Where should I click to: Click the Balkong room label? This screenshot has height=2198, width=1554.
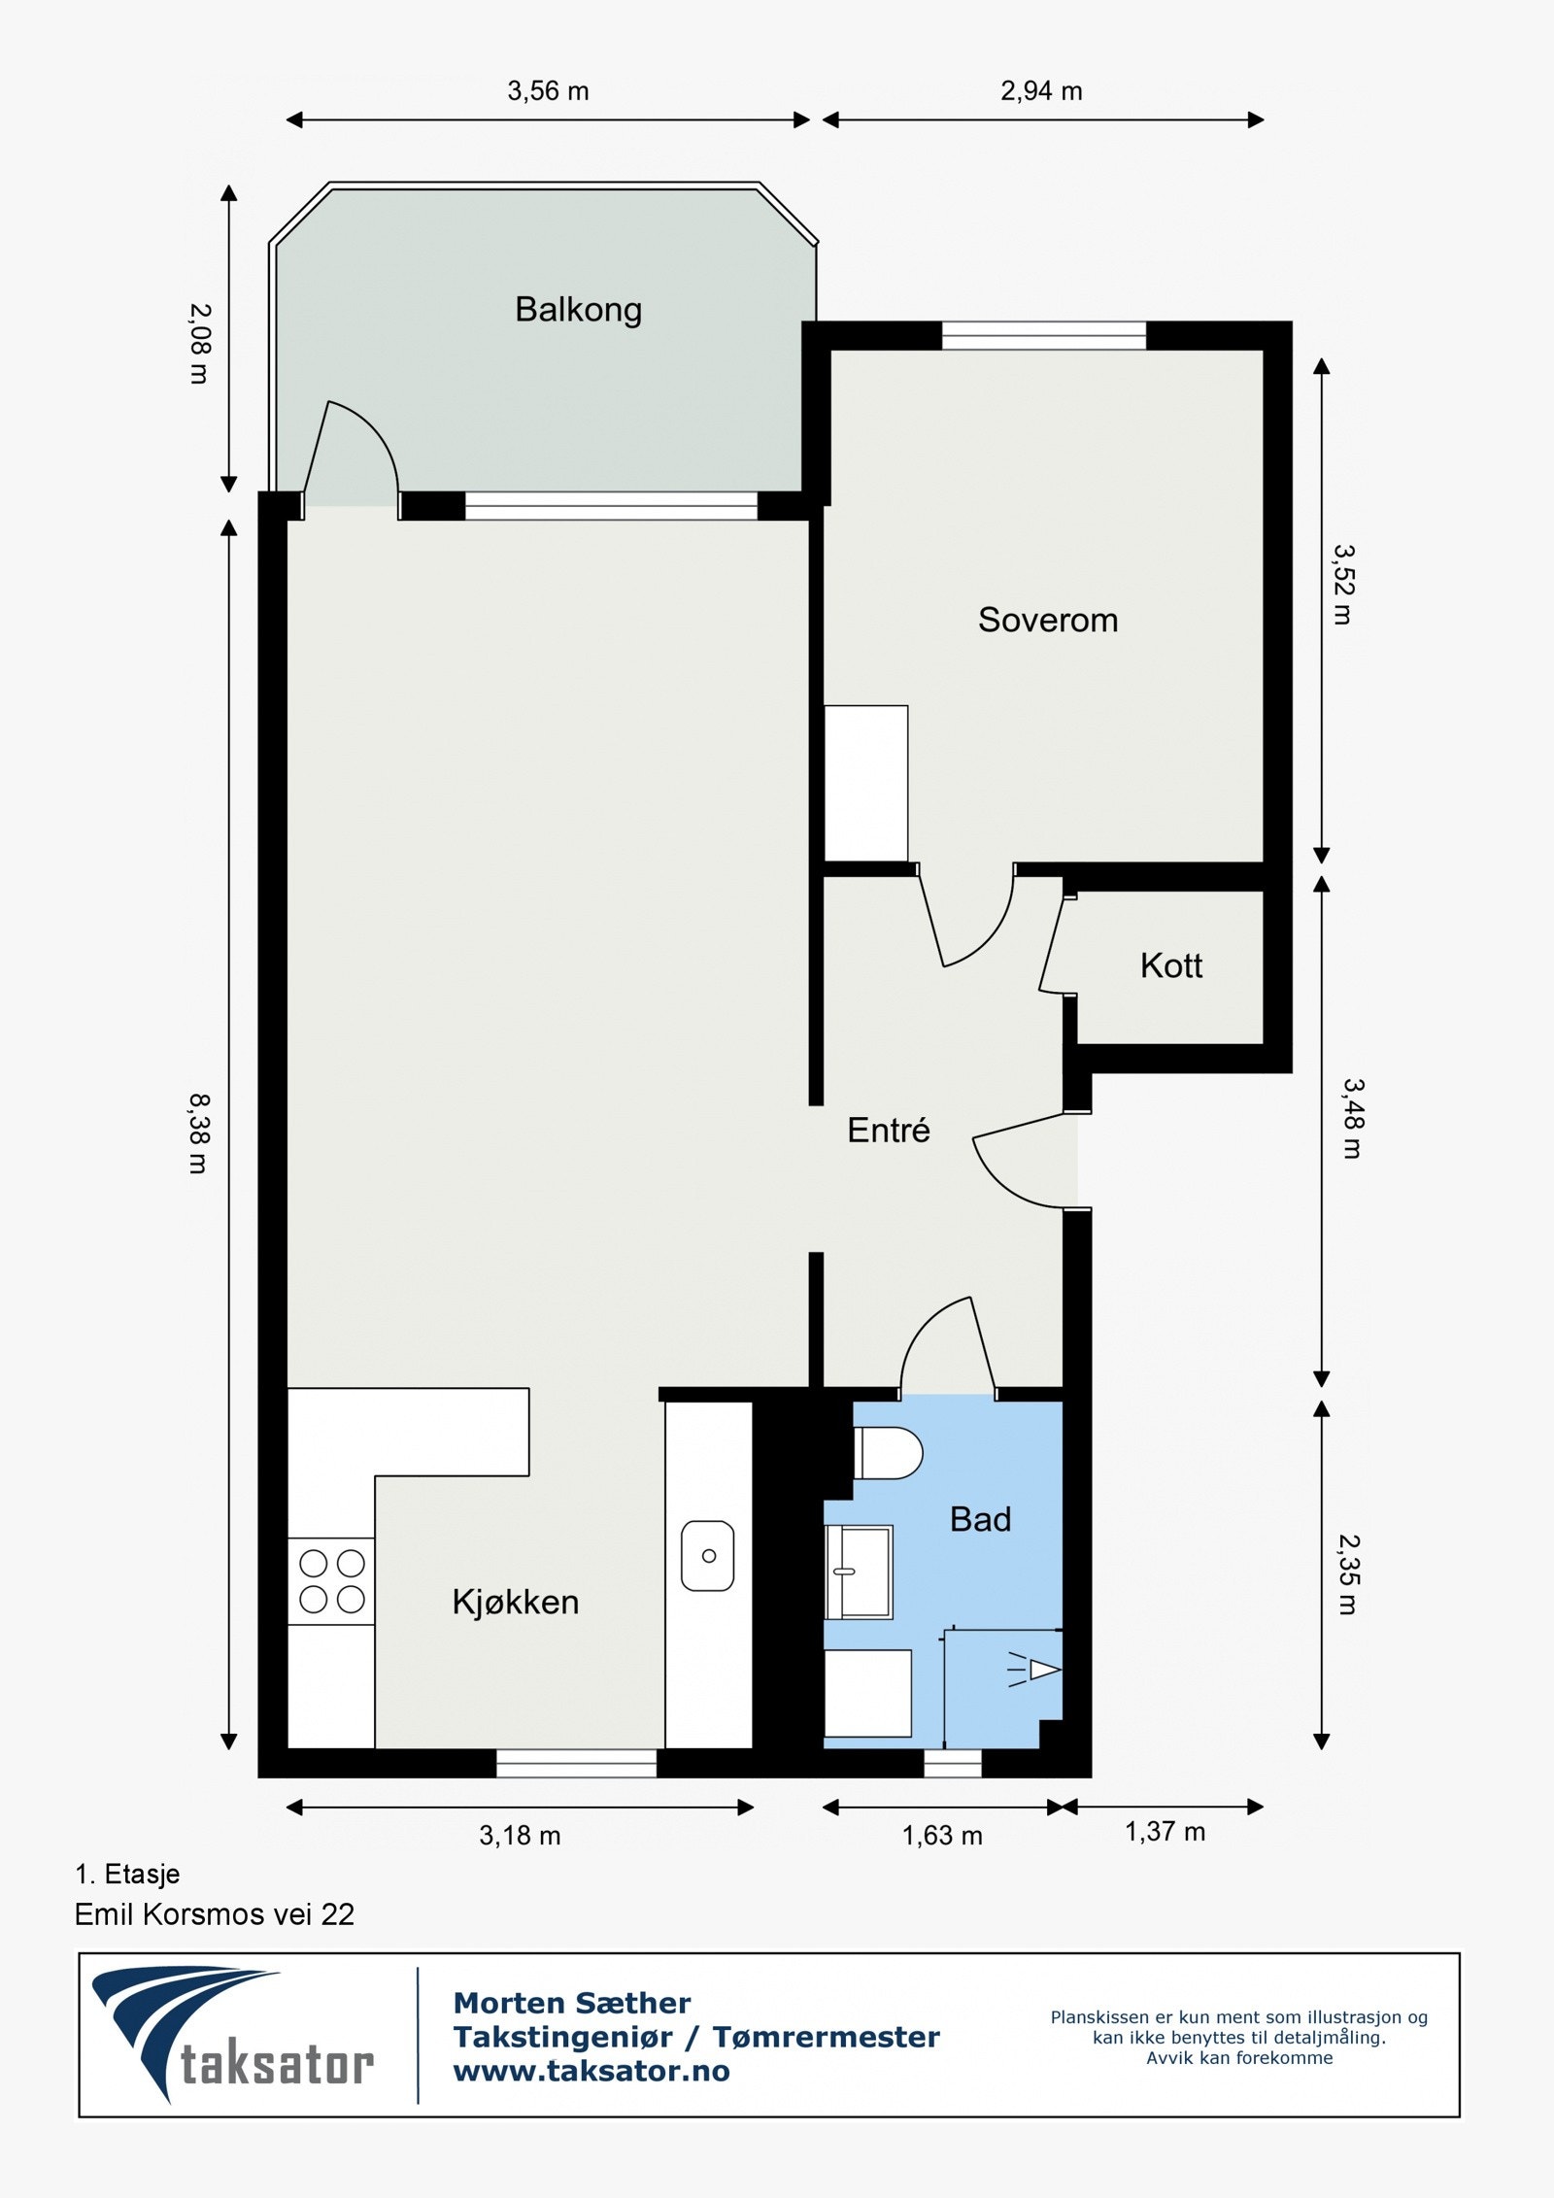click(x=578, y=310)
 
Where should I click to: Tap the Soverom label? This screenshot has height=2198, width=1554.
click(x=1048, y=620)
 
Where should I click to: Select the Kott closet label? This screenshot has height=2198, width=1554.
click(x=1171, y=965)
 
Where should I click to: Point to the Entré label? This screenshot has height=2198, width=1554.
click(x=889, y=1130)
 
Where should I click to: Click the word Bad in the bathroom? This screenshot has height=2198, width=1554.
click(x=980, y=1519)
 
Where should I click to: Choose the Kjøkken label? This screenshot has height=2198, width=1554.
click(x=516, y=1602)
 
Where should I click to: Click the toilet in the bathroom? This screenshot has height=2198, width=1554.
click(x=888, y=1453)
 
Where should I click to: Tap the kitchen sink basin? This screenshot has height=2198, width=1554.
click(x=708, y=1556)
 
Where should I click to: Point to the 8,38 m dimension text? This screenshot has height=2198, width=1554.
click(x=199, y=1133)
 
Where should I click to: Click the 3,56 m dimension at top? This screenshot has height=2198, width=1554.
click(x=548, y=91)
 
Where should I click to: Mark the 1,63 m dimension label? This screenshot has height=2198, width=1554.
click(x=942, y=1836)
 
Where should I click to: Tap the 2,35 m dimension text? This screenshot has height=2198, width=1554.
click(x=1348, y=1574)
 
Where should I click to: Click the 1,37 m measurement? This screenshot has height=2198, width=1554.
click(x=1165, y=1832)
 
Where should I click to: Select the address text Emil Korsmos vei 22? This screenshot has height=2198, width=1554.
click(x=215, y=1914)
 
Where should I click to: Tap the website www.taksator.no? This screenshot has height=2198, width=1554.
click(x=591, y=2072)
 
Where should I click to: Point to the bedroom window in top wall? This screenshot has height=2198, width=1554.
click(x=1044, y=335)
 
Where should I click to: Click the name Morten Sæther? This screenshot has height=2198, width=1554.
click(x=572, y=2003)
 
